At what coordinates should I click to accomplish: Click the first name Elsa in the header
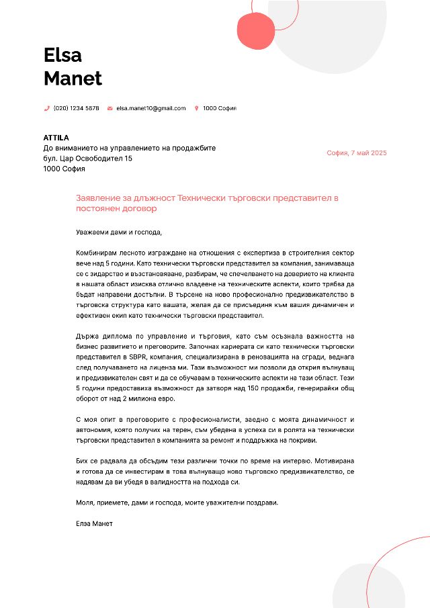62,54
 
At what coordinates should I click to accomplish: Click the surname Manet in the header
73,79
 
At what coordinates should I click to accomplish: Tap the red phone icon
47,108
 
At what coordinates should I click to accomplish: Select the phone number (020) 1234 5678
76,108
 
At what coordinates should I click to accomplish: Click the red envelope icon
110,108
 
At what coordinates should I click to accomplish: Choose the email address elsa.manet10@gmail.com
150,108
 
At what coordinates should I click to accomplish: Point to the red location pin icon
196,108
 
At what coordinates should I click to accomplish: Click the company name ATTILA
56,138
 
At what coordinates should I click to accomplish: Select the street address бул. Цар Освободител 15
88,159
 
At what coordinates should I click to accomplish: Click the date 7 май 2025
369,153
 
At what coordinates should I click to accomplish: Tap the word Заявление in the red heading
98,199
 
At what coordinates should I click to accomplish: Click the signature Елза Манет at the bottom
95,523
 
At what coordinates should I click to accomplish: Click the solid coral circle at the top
256,32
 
